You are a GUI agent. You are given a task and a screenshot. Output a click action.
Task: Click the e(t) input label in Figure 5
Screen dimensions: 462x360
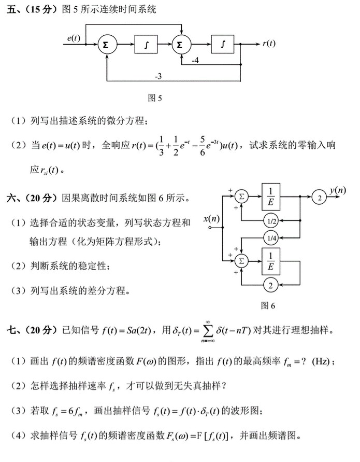74,38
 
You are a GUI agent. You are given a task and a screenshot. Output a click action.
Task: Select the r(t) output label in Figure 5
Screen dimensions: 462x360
269,44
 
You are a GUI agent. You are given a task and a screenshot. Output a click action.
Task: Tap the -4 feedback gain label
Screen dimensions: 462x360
195,60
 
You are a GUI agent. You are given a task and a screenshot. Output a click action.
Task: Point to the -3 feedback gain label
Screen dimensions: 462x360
159,76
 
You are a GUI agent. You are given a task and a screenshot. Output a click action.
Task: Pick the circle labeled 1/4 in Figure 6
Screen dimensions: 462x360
270,238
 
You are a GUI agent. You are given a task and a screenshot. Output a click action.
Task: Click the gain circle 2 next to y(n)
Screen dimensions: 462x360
320,197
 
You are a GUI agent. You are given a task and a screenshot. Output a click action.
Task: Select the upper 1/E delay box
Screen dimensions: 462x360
271,197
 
